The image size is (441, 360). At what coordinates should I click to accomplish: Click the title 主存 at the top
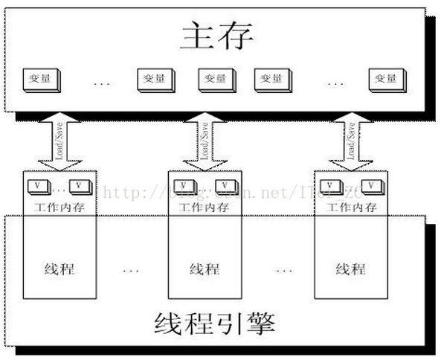(x=217, y=35)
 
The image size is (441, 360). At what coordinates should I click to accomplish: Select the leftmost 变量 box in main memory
(x=39, y=79)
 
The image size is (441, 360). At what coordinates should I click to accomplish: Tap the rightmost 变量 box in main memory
(x=386, y=79)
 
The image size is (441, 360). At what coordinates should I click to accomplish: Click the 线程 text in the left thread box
(x=59, y=269)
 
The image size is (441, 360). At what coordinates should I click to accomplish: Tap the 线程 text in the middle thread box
(x=205, y=269)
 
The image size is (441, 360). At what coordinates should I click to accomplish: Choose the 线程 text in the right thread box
(x=350, y=269)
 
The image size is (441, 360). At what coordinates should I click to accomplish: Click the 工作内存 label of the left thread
(x=59, y=207)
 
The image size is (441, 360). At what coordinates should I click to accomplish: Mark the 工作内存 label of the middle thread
(x=205, y=207)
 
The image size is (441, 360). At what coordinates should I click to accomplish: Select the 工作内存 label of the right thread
(x=350, y=207)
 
